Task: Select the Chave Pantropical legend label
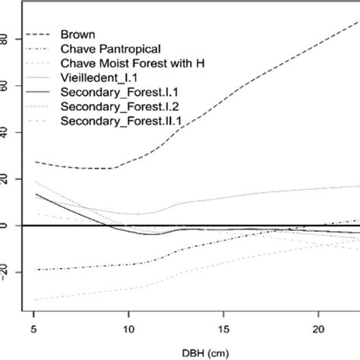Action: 106,49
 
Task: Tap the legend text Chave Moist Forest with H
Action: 130,62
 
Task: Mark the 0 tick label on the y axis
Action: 6,226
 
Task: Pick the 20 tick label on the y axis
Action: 6,178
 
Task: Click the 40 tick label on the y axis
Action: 6,132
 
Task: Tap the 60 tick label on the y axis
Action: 6,86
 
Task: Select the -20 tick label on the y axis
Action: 6,271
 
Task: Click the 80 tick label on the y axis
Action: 6,39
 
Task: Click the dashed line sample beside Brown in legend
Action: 39,34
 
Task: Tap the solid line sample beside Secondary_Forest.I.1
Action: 39,91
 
